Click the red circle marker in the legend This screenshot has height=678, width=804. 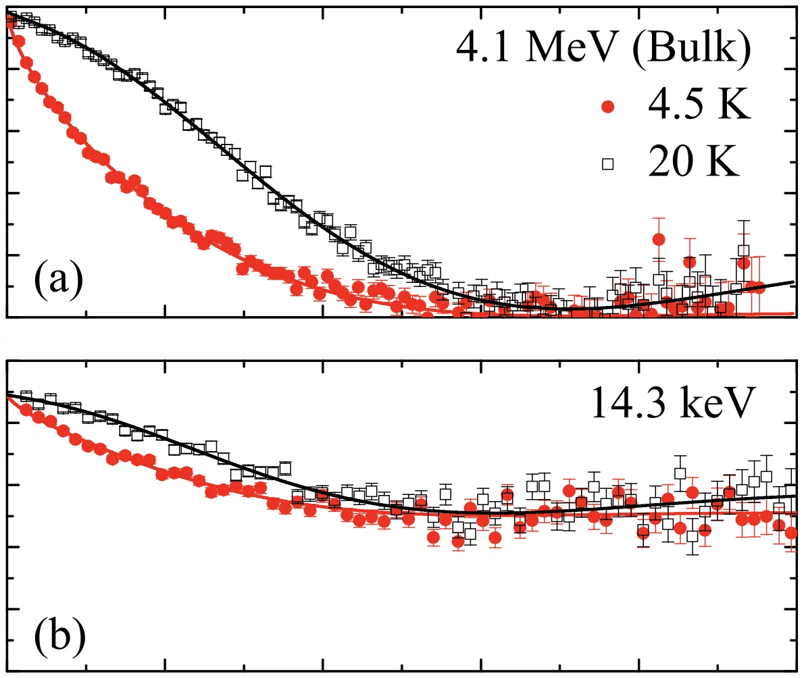coord(608,108)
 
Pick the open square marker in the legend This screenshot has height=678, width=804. coord(608,163)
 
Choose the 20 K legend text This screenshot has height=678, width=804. coord(694,163)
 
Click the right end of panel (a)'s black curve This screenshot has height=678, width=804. coord(793,282)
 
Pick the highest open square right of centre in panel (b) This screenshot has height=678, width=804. coord(680,473)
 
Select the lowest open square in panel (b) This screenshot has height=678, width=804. coord(693,537)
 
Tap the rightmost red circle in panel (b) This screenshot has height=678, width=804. coord(791,533)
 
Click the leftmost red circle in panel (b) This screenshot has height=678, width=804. coord(26,410)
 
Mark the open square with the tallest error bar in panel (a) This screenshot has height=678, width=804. coord(744,251)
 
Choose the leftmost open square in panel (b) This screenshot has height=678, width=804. coord(27,396)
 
